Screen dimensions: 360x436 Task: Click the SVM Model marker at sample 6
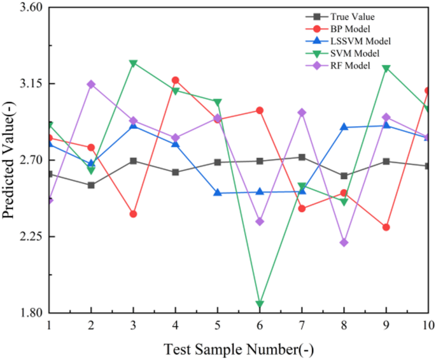(260, 304)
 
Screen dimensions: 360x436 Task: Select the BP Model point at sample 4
(175, 80)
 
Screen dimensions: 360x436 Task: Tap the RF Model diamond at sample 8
(344, 243)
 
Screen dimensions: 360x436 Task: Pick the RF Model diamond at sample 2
(91, 84)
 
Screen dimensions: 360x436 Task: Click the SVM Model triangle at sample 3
(133, 63)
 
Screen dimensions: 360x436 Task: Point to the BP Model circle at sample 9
(386, 227)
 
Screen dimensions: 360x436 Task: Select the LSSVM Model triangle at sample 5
(218, 192)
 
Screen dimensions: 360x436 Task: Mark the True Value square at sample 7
(302, 157)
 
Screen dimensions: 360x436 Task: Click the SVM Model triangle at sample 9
(386, 68)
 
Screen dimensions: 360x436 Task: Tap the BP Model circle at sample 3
(133, 214)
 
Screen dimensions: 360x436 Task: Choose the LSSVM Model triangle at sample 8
(344, 127)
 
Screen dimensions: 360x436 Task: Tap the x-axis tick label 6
(260, 325)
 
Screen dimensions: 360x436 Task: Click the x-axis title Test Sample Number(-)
(239, 349)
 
